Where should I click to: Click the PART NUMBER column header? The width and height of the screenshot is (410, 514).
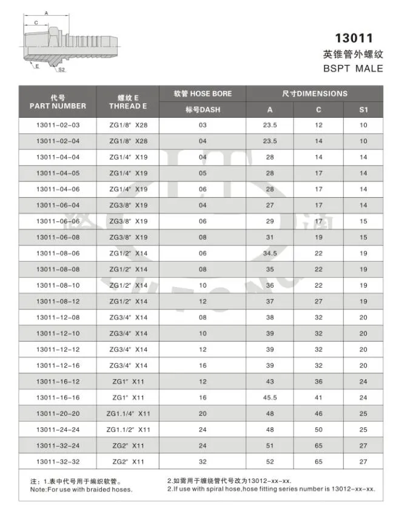[x=58, y=106]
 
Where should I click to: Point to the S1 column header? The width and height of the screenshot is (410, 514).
[x=363, y=110]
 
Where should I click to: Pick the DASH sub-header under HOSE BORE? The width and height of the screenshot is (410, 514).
[x=203, y=110]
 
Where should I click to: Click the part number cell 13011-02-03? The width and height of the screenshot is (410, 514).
[x=58, y=125]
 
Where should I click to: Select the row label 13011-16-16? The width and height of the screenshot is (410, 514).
[x=58, y=398]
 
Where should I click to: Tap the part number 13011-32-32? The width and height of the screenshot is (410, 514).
[x=58, y=461]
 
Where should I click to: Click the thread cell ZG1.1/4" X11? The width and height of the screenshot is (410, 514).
[x=128, y=414]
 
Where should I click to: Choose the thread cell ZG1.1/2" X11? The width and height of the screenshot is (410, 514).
[x=128, y=430]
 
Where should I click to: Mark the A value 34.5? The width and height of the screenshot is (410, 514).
[x=270, y=252]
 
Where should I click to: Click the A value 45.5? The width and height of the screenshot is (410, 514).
[x=270, y=398]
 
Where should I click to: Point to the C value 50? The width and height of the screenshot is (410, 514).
[x=318, y=430]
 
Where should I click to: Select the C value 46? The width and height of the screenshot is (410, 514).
[x=318, y=414]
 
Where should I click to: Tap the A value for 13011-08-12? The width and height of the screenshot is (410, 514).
[x=270, y=301]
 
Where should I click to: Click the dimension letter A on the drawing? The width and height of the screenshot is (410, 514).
[x=47, y=12]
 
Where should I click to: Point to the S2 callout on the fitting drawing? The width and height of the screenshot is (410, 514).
[x=62, y=70]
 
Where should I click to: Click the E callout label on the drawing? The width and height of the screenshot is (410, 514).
[x=37, y=65]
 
